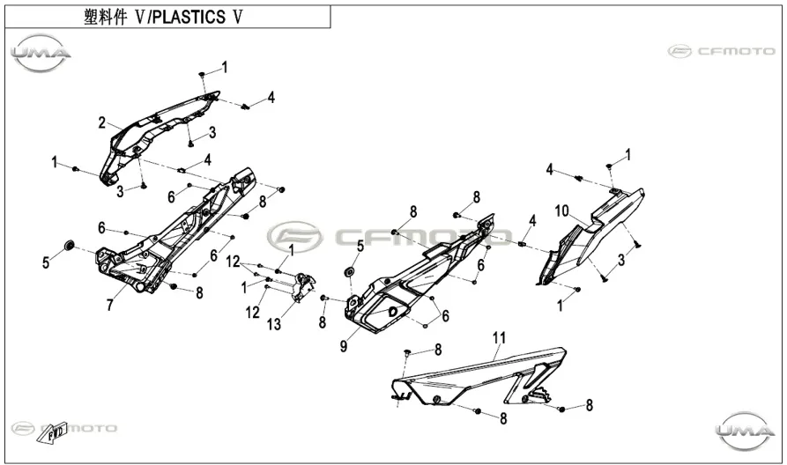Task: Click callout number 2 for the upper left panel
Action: (102, 122)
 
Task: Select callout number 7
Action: (110, 305)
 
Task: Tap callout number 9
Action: (344, 346)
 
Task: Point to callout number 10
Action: (561, 210)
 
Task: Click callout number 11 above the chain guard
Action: (499, 338)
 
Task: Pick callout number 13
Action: (274, 325)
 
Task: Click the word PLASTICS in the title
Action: (189, 17)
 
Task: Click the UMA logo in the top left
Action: (41, 53)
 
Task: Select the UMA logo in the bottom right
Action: (746, 431)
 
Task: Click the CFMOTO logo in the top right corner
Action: (721, 51)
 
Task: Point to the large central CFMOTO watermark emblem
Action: (294, 236)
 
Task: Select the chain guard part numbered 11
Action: (479, 375)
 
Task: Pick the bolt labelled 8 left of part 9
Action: (323, 298)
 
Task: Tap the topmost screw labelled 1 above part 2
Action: (202, 74)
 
